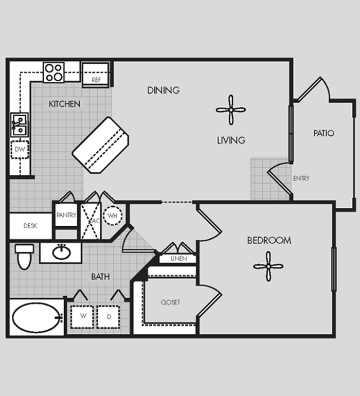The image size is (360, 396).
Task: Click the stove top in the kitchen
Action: tap(53, 73)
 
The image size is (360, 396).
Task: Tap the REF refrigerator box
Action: tap(96, 75)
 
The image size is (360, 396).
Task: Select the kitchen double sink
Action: tap(20, 125)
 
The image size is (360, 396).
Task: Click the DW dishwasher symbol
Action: tap(20, 150)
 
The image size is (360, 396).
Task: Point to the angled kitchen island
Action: tap(100, 145)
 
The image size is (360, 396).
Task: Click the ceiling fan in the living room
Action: tap(231, 110)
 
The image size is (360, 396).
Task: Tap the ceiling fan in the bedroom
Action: tap(268, 266)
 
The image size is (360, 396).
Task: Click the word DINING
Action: tap(164, 90)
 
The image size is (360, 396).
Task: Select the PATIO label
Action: tap(323, 133)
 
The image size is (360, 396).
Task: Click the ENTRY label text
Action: tap(301, 178)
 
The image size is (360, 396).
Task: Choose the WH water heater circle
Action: tap(113, 215)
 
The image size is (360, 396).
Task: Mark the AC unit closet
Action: tap(91, 221)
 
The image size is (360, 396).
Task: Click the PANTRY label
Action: tap(66, 215)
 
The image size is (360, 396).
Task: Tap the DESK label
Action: tap(30, 226)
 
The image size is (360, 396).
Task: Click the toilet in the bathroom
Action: tap(24, 257)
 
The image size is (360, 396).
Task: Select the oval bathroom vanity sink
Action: tap(61, 253)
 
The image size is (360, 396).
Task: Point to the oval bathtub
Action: tap(38, 318)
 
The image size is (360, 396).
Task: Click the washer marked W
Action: tap(82, 317)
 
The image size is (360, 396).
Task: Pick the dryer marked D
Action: tap(108, 317)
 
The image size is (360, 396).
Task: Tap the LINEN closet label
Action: tap(179, 259)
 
